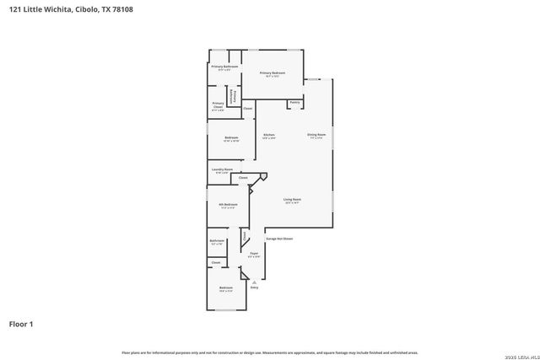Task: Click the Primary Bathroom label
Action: point(224,67)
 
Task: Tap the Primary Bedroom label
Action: point(273,73)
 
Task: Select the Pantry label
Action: point(294,103)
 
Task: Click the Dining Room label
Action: point(316,135)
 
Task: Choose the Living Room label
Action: point(293,200)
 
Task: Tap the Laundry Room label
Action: point(222,169)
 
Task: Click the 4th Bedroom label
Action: point(228,204)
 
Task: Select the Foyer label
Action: point(253,253)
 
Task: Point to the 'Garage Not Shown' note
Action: point(279,239)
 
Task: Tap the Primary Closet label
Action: point(218,105)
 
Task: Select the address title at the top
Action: point(71,9)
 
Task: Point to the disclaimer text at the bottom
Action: point(270,352)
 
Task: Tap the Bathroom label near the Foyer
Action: point(217,241)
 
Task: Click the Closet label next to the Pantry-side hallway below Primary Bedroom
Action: point(247,109)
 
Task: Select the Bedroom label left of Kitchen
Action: point(231,138)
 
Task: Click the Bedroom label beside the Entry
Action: point(225,288)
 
